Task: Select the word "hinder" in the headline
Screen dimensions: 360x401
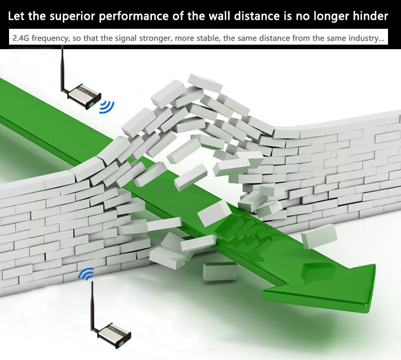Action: pos(371,16)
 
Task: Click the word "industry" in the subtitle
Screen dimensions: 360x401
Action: pos(364,39)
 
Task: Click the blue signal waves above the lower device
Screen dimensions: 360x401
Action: pos(86,275)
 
